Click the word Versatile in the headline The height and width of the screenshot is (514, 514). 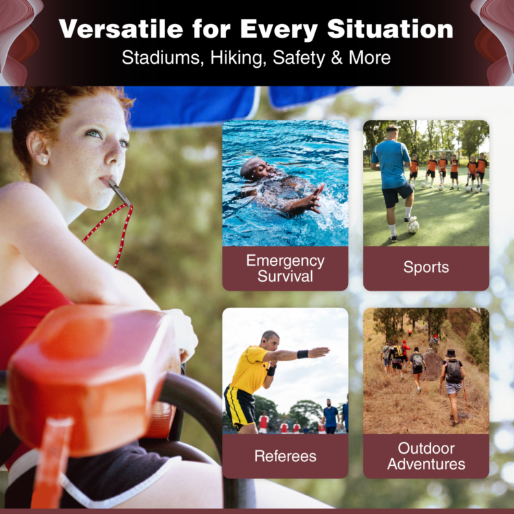pyautogui.click(x=121, y=29)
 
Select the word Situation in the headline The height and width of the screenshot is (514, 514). pyautogui.click(x=390, y=29)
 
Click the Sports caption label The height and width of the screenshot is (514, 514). pyautogui.click(x=426, y=267)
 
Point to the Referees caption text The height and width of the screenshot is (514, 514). pyautogui.click(x=285, y=456)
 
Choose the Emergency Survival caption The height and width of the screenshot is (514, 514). pyautogui.click(x=285, y=269)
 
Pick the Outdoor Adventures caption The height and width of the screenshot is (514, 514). pyautogui.click(x=426, y=456)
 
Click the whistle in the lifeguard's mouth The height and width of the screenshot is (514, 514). pyautogui.click(x=120, y=193)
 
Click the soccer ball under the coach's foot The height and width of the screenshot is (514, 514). pyautogui.click(x=413, y=227)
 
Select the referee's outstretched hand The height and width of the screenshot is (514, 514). pyautogui.click(x=319, y=352)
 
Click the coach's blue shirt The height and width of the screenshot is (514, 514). pyautogui.click(x=391, y=164)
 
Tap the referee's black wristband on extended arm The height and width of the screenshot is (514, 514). pyautogui.click(x=302, y=354)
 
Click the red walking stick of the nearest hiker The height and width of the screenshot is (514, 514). pyautogui.click(x=465, y=398)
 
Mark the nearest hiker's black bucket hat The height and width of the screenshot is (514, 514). pyautogui.click(x=451, y=353)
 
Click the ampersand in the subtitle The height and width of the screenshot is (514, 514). pyautogui.click(x=336, y=58)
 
